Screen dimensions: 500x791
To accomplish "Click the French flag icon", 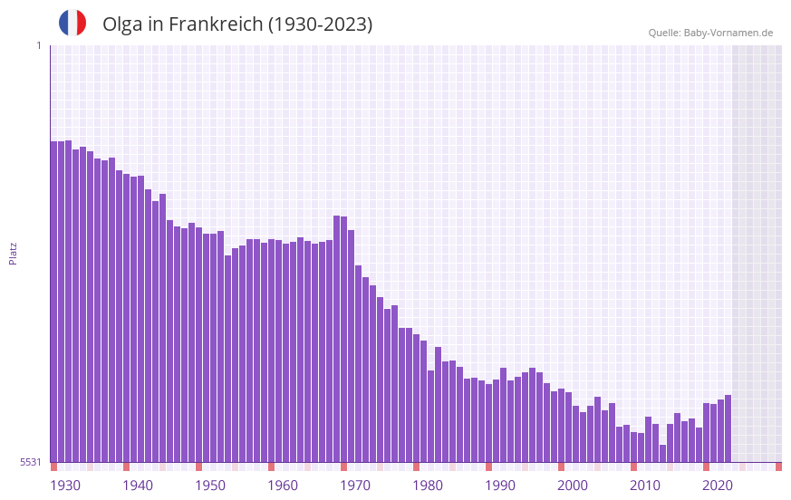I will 72,24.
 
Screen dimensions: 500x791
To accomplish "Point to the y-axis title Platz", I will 13,253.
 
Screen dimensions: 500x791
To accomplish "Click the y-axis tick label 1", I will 38,45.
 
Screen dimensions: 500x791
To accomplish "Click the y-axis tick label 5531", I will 31,462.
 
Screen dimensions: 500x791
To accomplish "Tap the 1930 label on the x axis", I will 65,486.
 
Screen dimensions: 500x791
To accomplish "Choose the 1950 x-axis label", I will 210,486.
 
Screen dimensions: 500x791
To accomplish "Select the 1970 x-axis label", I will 355,486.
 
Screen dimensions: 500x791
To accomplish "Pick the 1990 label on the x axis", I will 500,486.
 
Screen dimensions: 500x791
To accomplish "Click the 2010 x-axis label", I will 645,486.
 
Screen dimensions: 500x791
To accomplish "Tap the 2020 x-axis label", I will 718,486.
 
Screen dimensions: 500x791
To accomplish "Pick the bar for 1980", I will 417,399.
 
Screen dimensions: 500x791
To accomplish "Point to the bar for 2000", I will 562,426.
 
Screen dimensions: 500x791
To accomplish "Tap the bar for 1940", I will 126,318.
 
